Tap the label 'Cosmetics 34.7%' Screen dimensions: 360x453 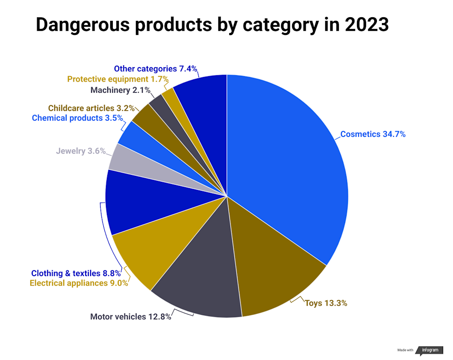pos(373,134)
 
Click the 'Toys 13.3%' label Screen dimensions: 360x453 pos(326,303)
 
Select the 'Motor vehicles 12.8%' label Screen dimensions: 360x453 pos(130,317)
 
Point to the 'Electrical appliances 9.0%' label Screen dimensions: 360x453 pos(79,283)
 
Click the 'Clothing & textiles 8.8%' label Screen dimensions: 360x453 pos(76,273)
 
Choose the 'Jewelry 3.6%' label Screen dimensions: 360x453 pos(81,151)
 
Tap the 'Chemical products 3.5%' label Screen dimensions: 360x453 pos(77,118)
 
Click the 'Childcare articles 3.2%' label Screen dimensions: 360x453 pos(91,108)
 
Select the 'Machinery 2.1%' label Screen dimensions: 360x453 pos(120,90)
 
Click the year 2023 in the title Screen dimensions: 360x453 pos(366,25)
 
